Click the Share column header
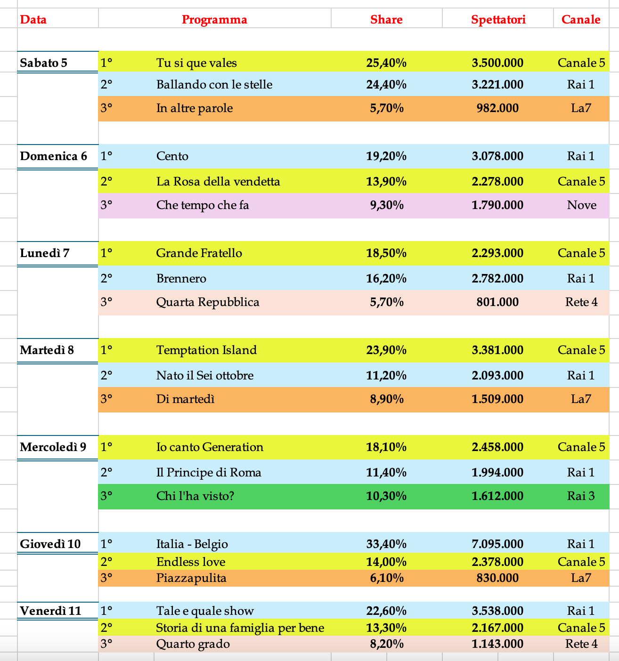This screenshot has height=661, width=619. point(386,19)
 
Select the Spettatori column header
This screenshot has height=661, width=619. point(498,19)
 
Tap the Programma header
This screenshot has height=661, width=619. point(214,19)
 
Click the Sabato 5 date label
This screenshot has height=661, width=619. point(44,63)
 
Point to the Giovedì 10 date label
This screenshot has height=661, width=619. point(50,544)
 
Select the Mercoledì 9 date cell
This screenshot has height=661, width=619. point(53,447)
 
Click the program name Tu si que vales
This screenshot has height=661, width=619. point(196,63)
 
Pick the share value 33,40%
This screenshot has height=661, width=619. point(386,544)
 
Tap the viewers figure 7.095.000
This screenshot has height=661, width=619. point(497,544)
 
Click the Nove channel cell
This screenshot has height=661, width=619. point(581,205)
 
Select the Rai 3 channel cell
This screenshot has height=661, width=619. point(581,496)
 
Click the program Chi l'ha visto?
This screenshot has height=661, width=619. point(195,496)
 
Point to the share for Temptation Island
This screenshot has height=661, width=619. point(386,350)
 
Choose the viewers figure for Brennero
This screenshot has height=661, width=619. point(497,278)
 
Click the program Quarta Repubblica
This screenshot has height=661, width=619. point(208,302)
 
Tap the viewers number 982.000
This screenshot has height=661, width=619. point(497,108)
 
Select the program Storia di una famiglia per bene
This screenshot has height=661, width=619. point(240,628)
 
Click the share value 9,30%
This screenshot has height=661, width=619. point(386,205)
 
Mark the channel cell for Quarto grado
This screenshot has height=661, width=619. point(581,644)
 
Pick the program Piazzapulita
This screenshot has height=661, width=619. point(191,578)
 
